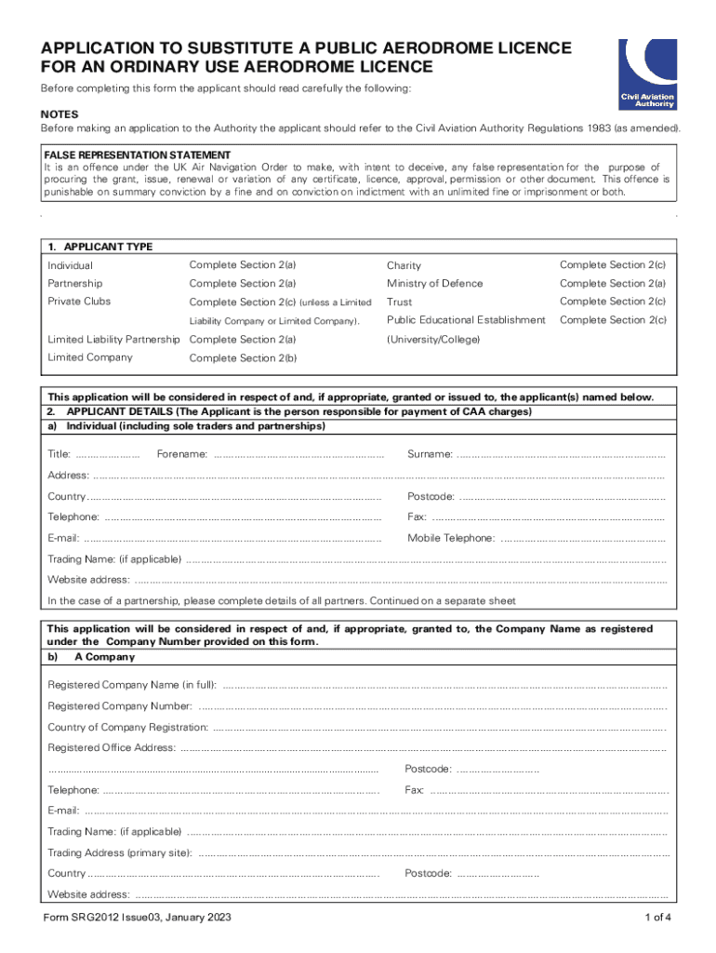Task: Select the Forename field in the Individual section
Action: click(298, 455)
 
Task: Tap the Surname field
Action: click(562, 455)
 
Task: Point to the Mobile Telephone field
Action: click(582, 539)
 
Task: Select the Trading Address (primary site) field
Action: click(433, 853)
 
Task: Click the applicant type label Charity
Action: click(404, 266)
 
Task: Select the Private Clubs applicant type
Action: click(79, 302)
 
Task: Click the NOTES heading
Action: click(60, 113)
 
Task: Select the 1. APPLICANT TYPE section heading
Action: click(100, 247)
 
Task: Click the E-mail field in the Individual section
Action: click(232, 539)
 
